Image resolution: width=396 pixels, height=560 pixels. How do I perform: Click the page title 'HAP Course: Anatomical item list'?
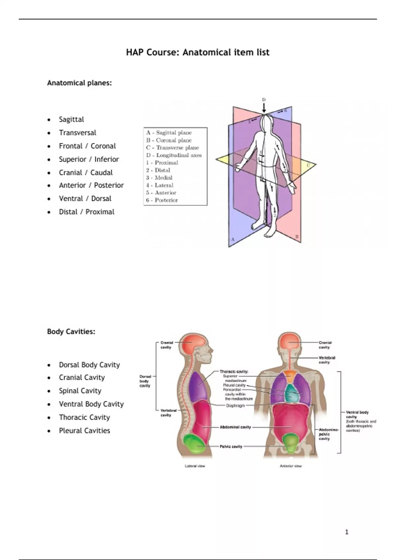pos(198,52)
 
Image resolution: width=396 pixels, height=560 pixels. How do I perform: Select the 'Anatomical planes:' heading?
pos(79,83)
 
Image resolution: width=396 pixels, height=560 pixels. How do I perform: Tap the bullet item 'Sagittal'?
pos(71,119)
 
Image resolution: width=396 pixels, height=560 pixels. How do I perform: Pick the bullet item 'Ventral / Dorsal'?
pos(85,199)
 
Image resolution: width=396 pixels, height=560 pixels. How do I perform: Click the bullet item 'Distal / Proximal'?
pos(86,212)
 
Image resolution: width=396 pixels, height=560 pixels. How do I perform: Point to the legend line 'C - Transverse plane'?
pos(173,148)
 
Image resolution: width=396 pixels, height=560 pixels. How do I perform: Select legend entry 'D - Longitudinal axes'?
pos(174,155)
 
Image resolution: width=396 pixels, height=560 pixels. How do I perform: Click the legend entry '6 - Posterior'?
pos(162,200)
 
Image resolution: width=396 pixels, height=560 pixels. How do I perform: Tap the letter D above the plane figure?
pos(264,99)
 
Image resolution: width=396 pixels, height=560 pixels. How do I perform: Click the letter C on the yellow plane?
pos(308,165)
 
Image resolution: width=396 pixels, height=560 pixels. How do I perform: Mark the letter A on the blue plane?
pos(233,239)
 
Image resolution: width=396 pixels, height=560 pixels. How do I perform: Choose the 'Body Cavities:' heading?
pos(71,332)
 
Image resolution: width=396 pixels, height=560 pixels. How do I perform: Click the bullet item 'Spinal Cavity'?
pos(80,391)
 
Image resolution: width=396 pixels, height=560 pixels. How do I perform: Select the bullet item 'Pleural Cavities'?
pos(84,431)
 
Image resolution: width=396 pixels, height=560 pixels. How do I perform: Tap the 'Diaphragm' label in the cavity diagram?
pos(235,406)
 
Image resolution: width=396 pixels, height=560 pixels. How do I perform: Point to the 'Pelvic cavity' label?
pos(231,447)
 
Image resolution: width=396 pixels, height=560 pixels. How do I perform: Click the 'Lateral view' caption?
pos(195,466)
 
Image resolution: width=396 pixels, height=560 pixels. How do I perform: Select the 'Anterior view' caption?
pos(291,466)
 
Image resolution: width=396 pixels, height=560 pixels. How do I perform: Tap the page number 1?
pos(346,532)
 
